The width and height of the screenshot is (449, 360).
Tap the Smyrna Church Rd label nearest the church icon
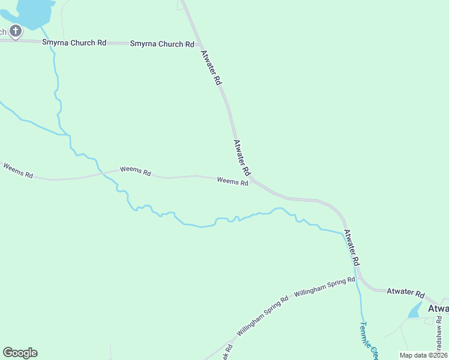pyautogui.click(x=74, y=43)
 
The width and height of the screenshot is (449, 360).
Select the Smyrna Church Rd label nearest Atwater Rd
pyautogui.click(x=162, y=44)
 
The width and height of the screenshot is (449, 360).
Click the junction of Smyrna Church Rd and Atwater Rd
pyautogui.click(x=200, y=45)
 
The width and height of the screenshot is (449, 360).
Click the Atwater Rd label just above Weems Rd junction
pyautogui.click(x=241, y=158)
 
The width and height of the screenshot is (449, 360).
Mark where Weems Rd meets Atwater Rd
pyautogui.click(x=253, y=179)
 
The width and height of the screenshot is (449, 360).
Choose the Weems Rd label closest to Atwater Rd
pyautogui.click(x=232, y=181)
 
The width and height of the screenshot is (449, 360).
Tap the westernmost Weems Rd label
pyautogui.click(x=18, y=170)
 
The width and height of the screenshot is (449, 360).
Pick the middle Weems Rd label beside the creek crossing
pyautogui.click(x=135, y=170)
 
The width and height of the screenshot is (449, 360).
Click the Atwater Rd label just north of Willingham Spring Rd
pyautogui.click(x=351, y=248)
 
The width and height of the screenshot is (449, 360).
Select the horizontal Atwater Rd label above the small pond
pyautogui.click(x=405, y=293)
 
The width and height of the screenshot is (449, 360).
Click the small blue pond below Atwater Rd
pyautogui.click(x=415, y=310)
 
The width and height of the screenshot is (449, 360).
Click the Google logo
pyautogui.click(x=20, y=353)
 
